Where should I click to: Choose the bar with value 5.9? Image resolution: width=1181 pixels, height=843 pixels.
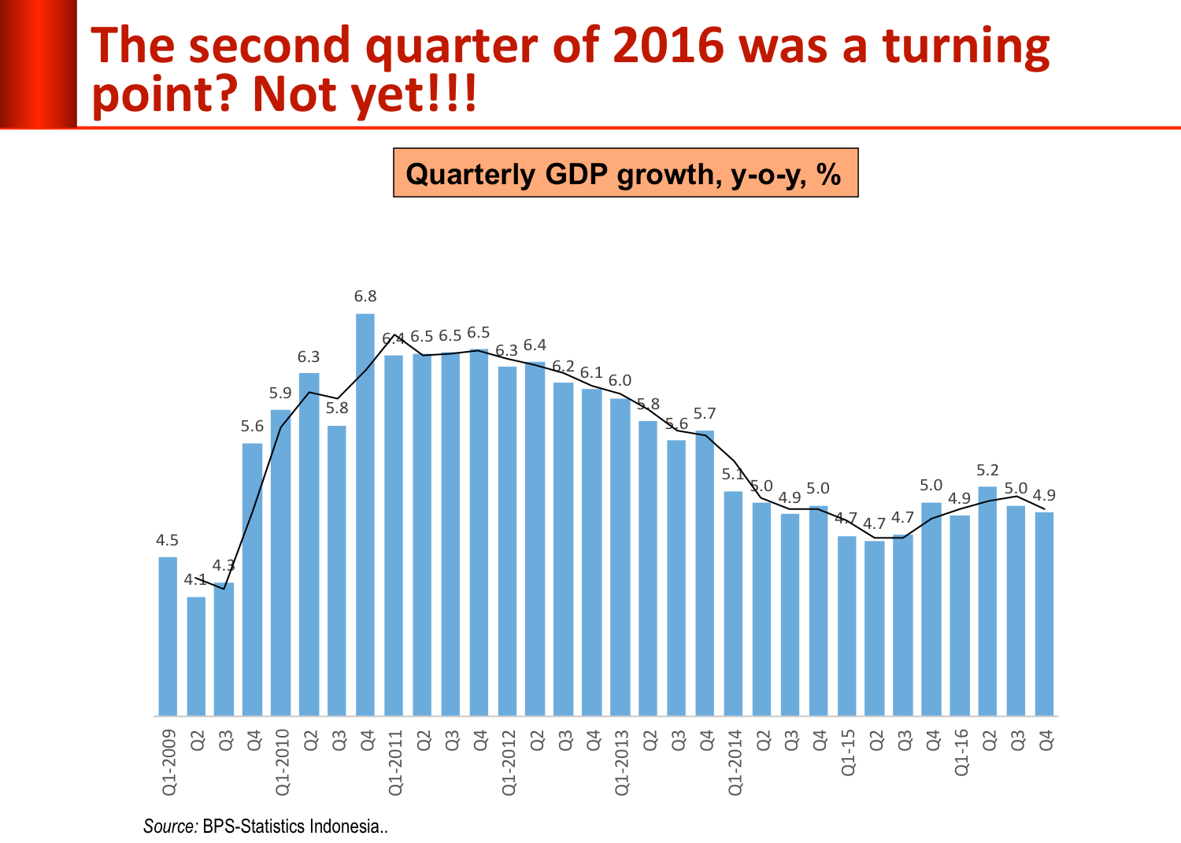click(x=280, y=562)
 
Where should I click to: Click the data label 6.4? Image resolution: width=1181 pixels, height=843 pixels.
click(x=535, y=345)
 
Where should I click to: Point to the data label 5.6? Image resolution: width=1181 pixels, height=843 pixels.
click(x=252, y=427)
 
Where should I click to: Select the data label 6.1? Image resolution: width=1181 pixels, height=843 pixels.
click(x=591, y=372)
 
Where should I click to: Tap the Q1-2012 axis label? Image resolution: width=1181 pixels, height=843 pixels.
click(x=509, y=762)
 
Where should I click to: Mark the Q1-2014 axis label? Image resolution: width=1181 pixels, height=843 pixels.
click(x=735, y=762)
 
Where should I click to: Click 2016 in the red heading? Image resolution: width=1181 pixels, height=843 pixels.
click(x=668, y=46)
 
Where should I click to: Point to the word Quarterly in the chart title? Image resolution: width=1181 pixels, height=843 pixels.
click(x=470, y=174)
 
